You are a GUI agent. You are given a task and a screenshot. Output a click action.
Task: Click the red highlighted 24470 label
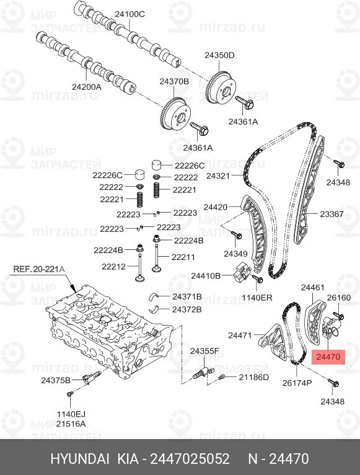point(328,357)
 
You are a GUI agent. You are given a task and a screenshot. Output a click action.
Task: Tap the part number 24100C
point(130,14)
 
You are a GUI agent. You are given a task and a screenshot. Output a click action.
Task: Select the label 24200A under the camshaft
point(87,87)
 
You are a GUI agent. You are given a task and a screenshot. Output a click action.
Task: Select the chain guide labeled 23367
point(309,191)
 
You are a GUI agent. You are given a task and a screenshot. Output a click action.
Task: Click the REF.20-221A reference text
point(39,269)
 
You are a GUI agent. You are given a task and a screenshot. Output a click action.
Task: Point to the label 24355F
point(204,351)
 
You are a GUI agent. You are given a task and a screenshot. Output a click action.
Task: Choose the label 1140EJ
point(71,414)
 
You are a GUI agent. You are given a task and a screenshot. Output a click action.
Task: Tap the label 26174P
point(297,383)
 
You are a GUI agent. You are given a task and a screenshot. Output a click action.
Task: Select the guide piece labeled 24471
point(273,342)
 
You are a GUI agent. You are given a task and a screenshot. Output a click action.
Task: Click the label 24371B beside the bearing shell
point(187,296)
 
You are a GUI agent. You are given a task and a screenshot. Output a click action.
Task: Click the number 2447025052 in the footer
point(190,458)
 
